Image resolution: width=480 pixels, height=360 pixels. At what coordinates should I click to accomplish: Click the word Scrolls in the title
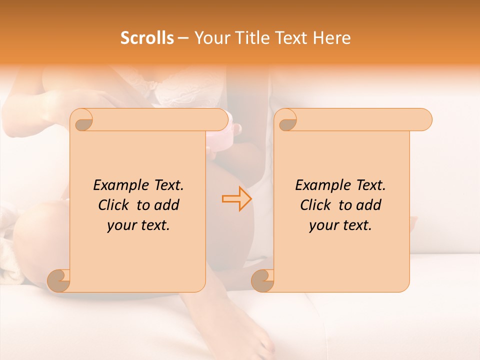point(147,38)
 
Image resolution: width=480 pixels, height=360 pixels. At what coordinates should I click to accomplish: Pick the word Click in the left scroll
point(115,205)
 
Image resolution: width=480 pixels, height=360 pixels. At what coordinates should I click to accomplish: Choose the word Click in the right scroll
point(317,205)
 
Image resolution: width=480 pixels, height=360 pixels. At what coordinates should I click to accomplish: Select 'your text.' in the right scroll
point(340,225)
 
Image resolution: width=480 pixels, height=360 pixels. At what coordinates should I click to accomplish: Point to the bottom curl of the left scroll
point(59,280)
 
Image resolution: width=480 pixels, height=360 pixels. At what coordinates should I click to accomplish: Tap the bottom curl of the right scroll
point(263,280)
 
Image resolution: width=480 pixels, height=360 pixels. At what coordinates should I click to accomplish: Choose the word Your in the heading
point(209,38)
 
